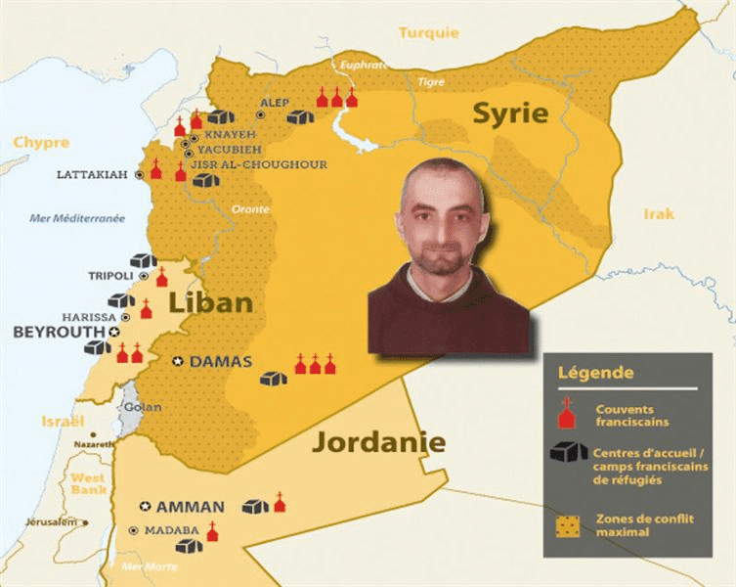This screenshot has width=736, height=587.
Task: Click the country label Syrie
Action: click(509, 113)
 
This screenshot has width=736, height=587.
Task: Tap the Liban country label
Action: click(211, 301)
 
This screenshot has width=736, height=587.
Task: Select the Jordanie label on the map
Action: click(378, 442)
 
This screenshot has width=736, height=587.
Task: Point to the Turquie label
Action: click(428, 32)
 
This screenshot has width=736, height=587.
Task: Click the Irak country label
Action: click(658, 213)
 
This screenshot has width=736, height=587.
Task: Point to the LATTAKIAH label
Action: click(92, 174)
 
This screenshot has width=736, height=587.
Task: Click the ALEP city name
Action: click(274, 102)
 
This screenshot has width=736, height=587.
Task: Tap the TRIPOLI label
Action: click(109, 276)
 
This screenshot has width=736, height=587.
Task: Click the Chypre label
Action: click(41, 143)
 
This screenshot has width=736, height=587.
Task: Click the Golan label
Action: click(137, 406)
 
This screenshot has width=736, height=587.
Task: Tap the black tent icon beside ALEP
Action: click(300, 117)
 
